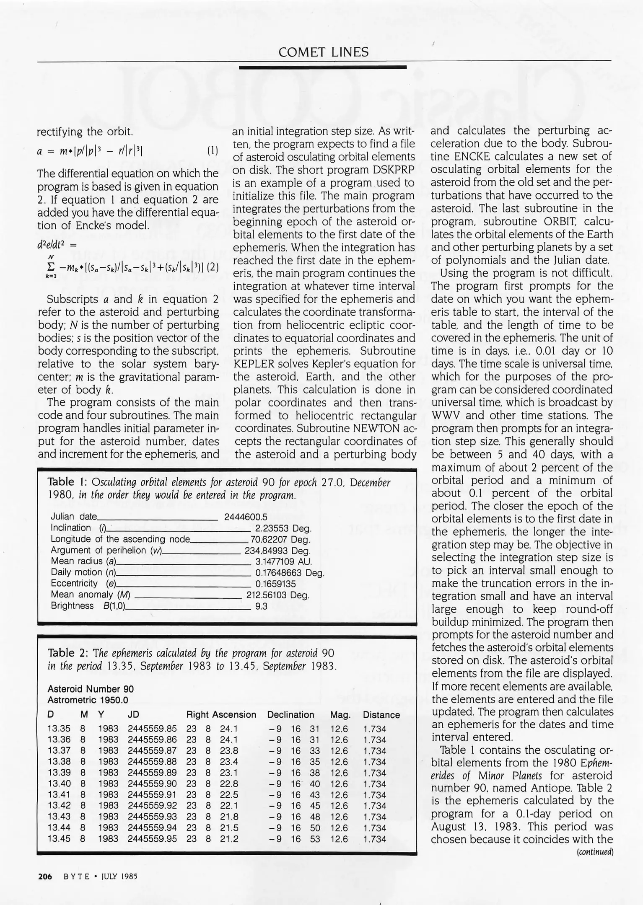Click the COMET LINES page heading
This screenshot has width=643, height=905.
click(x=323, y=52)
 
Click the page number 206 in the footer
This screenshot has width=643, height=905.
click(x=45, y=876)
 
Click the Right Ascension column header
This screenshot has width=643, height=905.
click(x=221, y=715)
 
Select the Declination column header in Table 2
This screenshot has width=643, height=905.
click(x=290, y=715)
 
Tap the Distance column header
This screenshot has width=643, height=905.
click(x=381, y=715)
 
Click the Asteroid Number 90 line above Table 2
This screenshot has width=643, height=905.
click(x=91, y=689)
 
